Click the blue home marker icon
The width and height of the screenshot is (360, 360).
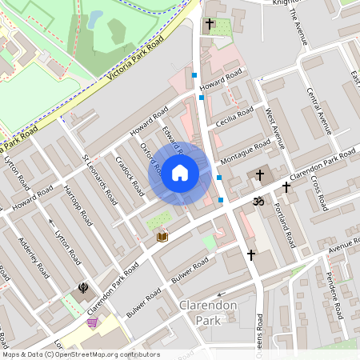(180, 173)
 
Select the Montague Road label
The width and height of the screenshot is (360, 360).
(246, 152)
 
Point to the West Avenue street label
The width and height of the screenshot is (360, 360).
(276, 129)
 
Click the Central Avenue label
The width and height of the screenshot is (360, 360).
(319, 110)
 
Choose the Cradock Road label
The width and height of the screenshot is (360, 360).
(129, 175)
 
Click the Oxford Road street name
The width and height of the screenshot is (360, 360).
(151, 161)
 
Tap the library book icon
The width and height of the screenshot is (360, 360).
(162, 237)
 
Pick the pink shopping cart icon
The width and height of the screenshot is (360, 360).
(93, 322)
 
